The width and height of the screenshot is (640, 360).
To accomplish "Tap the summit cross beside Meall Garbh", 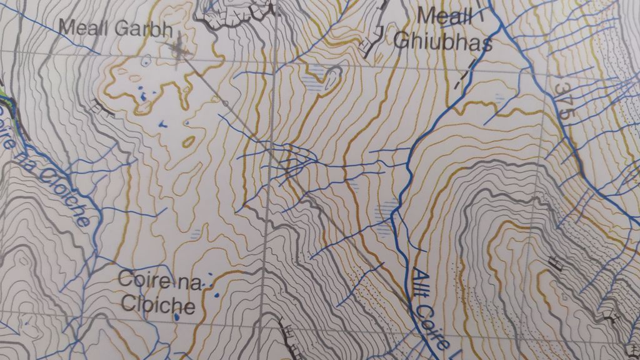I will [x=181, y=51].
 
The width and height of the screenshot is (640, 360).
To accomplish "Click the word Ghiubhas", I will [x=444, y=41].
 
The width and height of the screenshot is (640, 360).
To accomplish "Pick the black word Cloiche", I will [x=158, y=306].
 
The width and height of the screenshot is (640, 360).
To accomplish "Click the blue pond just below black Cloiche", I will [x=177, y=317].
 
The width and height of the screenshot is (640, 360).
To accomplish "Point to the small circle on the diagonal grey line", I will [x=224, y=102].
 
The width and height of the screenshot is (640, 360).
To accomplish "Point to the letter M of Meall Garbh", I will [x=66, y=27].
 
